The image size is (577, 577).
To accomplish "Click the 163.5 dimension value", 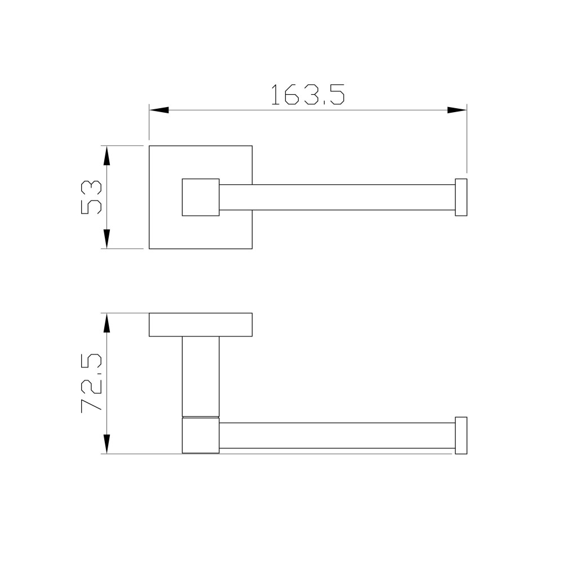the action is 308,95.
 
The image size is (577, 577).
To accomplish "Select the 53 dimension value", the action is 91,197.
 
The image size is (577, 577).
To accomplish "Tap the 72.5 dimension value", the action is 91,383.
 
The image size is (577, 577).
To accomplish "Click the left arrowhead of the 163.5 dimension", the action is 159,110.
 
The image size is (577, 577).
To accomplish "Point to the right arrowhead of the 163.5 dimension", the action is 457,110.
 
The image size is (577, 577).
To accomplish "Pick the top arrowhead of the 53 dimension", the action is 106,156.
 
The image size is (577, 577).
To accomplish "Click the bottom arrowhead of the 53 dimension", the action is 106,239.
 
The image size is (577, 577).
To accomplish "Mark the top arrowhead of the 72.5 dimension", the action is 106,323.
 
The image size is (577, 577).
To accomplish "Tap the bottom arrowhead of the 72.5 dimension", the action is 106,444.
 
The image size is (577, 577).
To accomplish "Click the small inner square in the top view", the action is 201,197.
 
